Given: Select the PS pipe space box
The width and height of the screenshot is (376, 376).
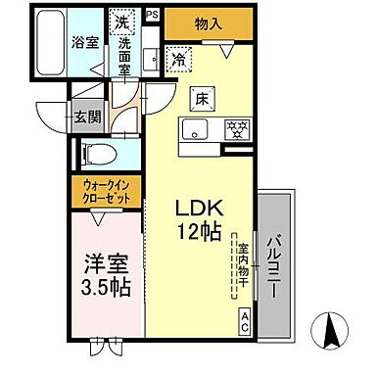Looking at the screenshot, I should pyautogui.click(x=152, y=15).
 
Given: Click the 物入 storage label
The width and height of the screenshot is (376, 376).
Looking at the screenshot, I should pyautogui.click(x=206, y=23).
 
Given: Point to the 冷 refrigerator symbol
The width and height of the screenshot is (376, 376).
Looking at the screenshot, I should pyautogui.click(x=179, y=58).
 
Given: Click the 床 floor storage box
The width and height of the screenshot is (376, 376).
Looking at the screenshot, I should pyautogui.click(x=196, y=97).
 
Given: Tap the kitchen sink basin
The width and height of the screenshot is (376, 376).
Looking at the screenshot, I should pyautogui.click(x=193, y=131).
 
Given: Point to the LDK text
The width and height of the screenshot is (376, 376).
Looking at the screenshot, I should pyautogui.click(x=199, y=208).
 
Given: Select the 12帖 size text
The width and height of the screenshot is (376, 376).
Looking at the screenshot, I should pyautogui.click(x=199, y=233).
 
